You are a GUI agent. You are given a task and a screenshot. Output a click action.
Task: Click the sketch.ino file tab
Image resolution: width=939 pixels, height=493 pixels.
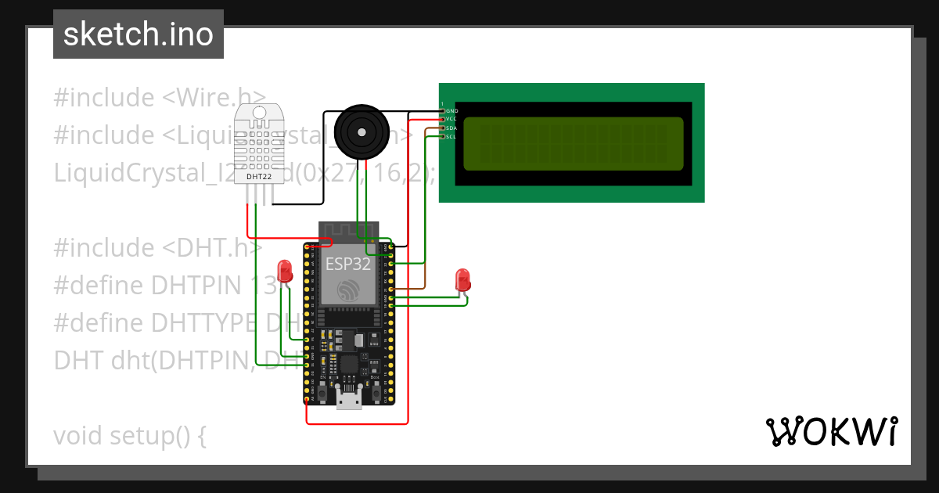139,34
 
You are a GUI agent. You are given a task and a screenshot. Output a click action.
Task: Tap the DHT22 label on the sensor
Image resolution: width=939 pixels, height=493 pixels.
258,176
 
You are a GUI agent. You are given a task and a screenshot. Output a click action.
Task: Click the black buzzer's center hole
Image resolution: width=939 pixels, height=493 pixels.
362,129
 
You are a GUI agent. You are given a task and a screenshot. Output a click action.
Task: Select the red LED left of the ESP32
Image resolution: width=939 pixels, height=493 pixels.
285,272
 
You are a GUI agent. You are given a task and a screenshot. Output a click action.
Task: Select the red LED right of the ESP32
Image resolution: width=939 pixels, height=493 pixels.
462,279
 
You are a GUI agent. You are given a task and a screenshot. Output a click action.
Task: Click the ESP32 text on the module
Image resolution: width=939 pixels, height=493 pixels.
348,264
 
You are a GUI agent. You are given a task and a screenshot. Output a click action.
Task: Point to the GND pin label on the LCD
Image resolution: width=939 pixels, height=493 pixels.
452,111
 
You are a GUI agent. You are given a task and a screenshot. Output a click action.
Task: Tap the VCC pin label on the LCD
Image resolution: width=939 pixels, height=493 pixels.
452,119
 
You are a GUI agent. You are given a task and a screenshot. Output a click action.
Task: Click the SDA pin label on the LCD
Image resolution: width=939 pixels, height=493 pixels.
452,128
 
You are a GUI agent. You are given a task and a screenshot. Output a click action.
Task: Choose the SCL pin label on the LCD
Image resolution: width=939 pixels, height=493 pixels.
452,137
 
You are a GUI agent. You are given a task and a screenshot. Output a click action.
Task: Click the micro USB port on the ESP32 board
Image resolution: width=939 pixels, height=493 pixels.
348,401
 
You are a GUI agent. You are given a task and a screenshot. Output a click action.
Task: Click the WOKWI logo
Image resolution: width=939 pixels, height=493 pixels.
831,431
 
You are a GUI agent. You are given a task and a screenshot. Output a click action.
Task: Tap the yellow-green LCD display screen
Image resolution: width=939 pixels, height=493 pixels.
573,144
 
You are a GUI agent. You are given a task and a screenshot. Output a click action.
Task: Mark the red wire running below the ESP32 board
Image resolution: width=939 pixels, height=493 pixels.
357,424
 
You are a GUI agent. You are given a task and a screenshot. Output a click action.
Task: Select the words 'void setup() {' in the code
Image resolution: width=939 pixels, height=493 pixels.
129,435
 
